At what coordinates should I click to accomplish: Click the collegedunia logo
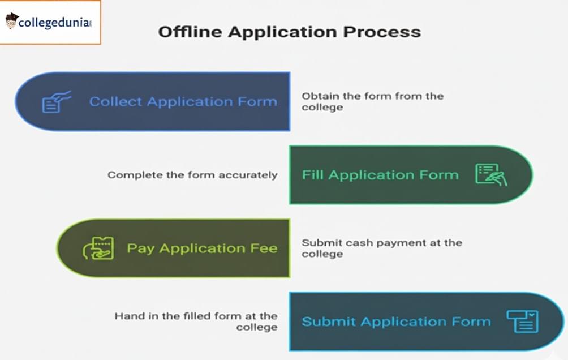50,22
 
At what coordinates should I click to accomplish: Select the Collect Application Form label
183,102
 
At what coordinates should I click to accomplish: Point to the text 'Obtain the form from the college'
372,101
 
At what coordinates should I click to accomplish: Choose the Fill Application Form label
380,175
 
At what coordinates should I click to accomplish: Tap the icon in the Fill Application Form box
490,175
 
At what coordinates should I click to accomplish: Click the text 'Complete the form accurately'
192,175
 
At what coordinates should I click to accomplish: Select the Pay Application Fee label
201,248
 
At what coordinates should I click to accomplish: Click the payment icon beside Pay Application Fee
98,248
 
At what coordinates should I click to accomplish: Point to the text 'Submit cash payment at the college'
381,248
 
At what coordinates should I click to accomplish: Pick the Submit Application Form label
395,322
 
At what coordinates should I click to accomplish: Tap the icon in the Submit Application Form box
522,322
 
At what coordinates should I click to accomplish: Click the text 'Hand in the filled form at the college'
196,322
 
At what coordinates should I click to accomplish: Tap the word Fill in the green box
313,175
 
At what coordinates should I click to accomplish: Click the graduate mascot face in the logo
11,22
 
